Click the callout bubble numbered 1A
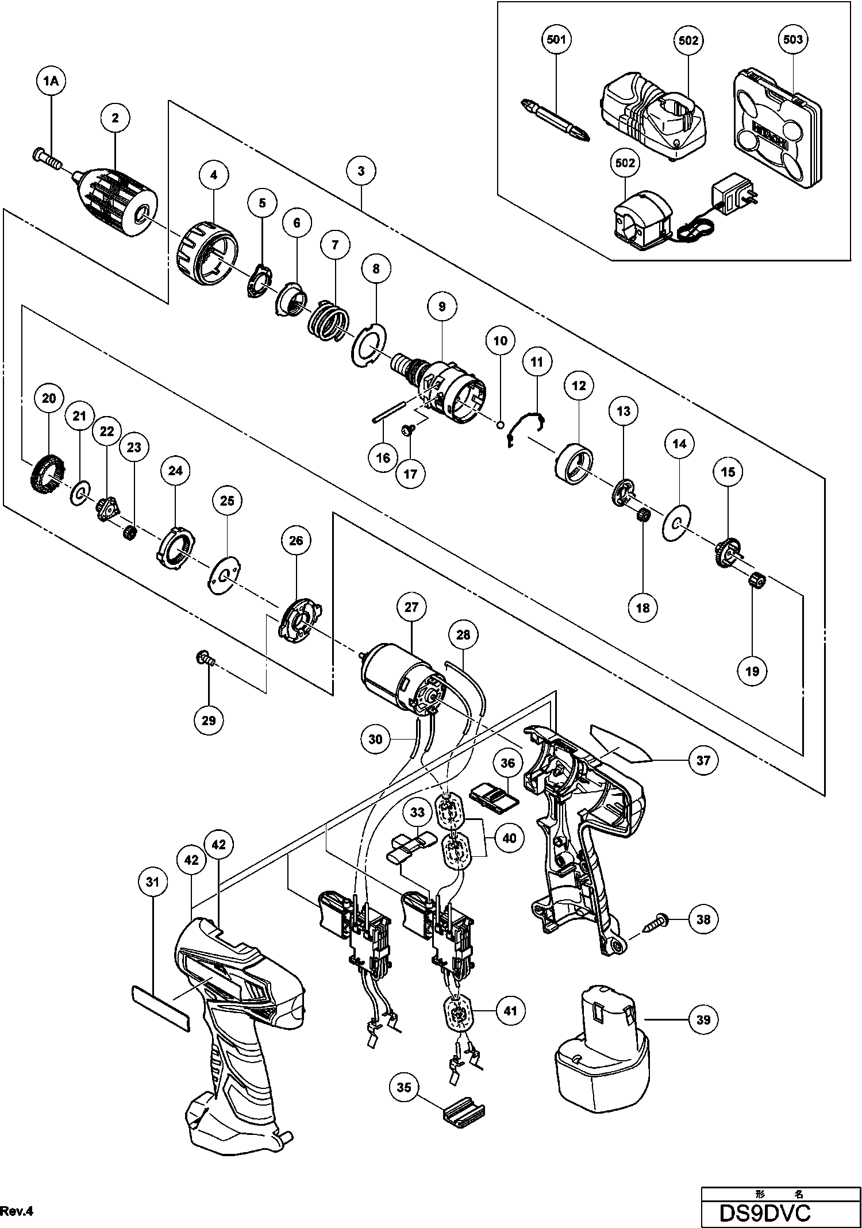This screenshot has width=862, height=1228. (51, 82)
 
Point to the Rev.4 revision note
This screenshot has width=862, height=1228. (18, 1211)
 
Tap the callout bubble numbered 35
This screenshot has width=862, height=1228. (404, 1087)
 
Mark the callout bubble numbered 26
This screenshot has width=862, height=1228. (296, 540)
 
